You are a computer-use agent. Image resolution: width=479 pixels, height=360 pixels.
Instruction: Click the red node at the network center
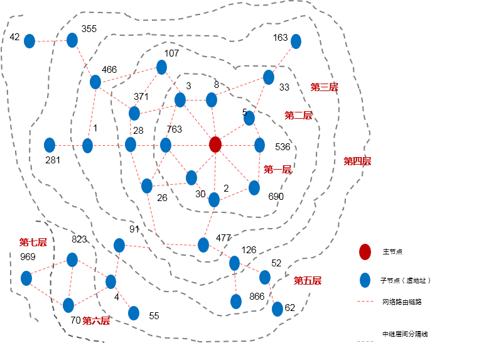tap(215, 145)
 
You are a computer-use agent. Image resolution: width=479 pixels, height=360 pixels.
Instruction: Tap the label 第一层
tap(277, 170)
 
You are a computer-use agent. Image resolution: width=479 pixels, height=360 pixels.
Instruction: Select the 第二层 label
tap(298, 116)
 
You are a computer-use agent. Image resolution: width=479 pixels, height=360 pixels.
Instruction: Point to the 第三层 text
tap(324, 87)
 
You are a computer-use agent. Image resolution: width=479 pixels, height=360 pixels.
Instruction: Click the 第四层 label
tap(357, 161)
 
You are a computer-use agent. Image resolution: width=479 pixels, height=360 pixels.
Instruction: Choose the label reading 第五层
tap(308, 281)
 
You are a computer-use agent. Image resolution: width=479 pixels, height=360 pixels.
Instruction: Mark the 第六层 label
tap(95, 321)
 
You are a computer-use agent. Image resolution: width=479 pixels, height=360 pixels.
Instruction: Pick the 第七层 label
tap(33, 243)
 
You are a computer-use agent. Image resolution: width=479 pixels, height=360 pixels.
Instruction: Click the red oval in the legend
tap(365, 252)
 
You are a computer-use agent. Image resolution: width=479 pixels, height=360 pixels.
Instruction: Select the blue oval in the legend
tap(365, 280)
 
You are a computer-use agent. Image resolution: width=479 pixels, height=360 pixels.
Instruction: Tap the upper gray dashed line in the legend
tap(365, 302)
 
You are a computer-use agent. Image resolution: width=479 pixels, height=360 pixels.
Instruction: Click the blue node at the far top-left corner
tap(30, 41)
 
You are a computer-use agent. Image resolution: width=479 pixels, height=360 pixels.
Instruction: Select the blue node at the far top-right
tap(296, 41)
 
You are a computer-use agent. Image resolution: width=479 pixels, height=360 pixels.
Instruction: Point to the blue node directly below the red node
tap(214, 200)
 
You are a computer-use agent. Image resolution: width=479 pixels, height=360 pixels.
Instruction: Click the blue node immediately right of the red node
tap(259, 146)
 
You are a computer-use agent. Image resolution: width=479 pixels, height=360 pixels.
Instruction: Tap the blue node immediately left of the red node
tap(166, 146)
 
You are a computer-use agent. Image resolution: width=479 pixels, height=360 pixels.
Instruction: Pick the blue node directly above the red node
tap(212, 100)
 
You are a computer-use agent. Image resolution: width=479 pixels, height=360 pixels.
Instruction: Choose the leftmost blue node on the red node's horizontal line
tap(50, 146)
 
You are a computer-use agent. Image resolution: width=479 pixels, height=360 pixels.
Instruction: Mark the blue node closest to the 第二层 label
tap(249, 118)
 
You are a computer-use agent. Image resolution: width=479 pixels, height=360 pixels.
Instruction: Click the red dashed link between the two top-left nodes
tap(51, 41)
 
